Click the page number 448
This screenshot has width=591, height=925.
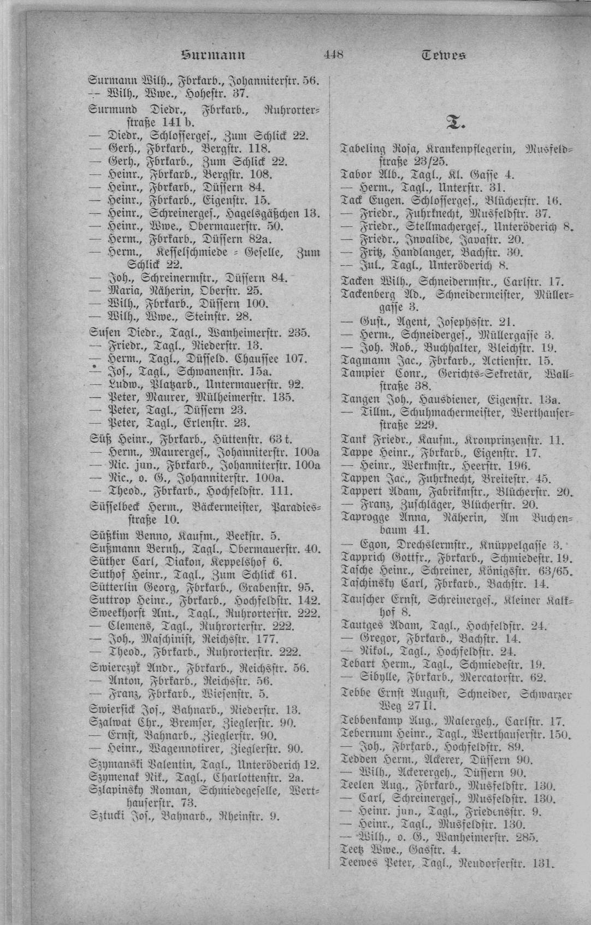click(x=333, y=54)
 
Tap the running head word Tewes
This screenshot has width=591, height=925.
click(x=444, y=55)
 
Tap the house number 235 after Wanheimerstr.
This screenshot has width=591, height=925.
click(x=299, y=332)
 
